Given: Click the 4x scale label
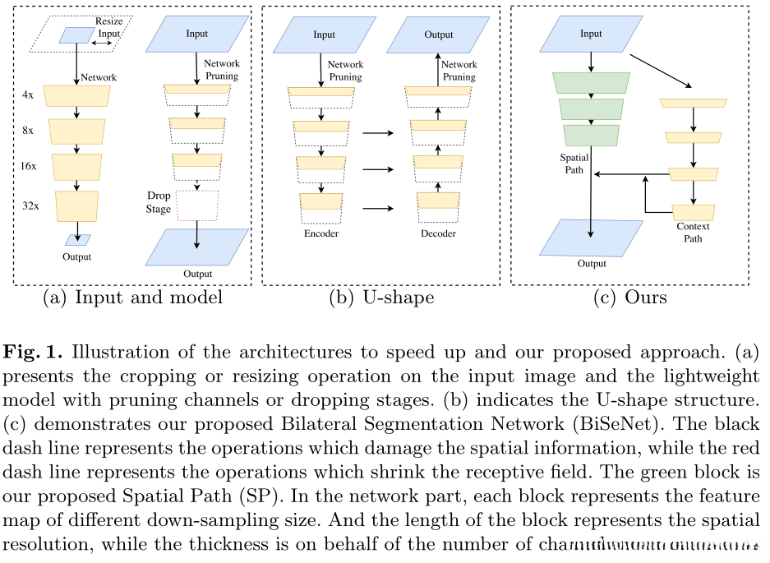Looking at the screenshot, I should pyautogui.click(x=28, y=95).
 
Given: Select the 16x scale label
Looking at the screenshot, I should pyautogui.click(x=30, y=165).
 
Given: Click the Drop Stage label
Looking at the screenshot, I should pyautogui.click(x=159, y=202).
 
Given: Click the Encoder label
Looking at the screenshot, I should pyautogui.click(x=320, y=233).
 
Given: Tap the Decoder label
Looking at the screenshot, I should pyautogui.click(x=437, y=233).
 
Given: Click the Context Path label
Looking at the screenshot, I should pyautogui.click(x=693, y=233).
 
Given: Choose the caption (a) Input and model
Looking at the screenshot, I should pyautogui.click(x=132, y=298).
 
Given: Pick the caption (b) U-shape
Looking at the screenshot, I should pyautogui.click(x=380, y=298).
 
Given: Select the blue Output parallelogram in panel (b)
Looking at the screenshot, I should pyautogui.click(x=438, y=35).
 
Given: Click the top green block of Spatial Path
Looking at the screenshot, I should pyautogui.click(x=592, y=82).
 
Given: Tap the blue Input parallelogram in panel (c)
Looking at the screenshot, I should pyautogui.click(x=591, y=35).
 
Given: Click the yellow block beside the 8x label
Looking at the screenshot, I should pyautogui.click(x=77, y=131).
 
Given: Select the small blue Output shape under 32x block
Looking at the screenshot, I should pyautogui.click(x=78, y=240).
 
